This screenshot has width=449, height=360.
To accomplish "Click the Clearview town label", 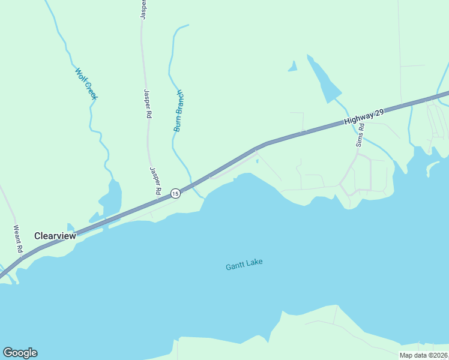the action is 55,236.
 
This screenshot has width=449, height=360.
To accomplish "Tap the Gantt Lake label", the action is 244,265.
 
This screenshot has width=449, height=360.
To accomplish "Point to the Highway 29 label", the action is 364,116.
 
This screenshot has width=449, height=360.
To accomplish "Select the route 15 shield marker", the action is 175,193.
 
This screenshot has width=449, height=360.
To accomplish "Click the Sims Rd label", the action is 360,136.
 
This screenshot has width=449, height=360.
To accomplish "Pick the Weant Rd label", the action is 18,238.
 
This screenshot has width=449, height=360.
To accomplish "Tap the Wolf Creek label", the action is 86,83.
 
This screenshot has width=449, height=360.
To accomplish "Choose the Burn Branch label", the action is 178,110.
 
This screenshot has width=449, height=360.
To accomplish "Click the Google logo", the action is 20,353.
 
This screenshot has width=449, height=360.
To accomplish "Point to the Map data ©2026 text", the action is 423,355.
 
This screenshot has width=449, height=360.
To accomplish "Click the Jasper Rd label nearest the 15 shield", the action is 155,179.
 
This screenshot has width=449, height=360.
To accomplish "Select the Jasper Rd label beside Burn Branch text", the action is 147,104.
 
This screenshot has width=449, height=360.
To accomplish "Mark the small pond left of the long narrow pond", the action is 293,67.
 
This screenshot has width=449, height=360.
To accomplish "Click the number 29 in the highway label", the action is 378,113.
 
